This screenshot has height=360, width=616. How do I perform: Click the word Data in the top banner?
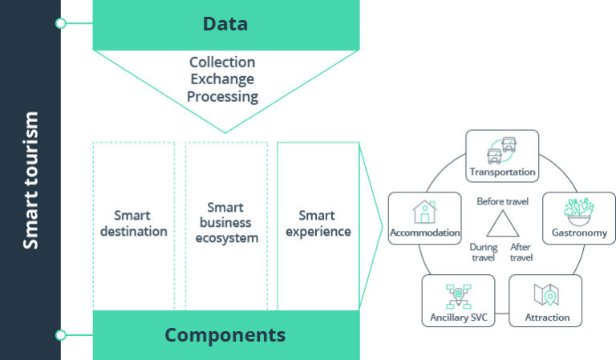225,24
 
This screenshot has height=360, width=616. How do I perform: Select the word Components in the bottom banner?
225,335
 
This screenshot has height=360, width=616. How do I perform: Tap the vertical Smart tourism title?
30,180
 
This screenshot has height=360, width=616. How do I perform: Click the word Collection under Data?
222,63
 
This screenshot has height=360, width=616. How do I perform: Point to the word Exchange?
222,79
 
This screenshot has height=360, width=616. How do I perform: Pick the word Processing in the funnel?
222,97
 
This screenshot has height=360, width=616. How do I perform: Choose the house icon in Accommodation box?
424,212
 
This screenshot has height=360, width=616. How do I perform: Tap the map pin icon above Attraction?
546,295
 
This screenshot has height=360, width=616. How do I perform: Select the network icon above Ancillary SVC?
458,295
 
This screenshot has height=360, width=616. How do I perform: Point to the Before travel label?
502,201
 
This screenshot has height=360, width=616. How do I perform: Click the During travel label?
484,253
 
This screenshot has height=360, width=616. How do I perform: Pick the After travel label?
521,253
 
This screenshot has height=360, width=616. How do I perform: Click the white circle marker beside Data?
60,23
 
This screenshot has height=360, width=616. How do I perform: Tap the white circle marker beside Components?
60,334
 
